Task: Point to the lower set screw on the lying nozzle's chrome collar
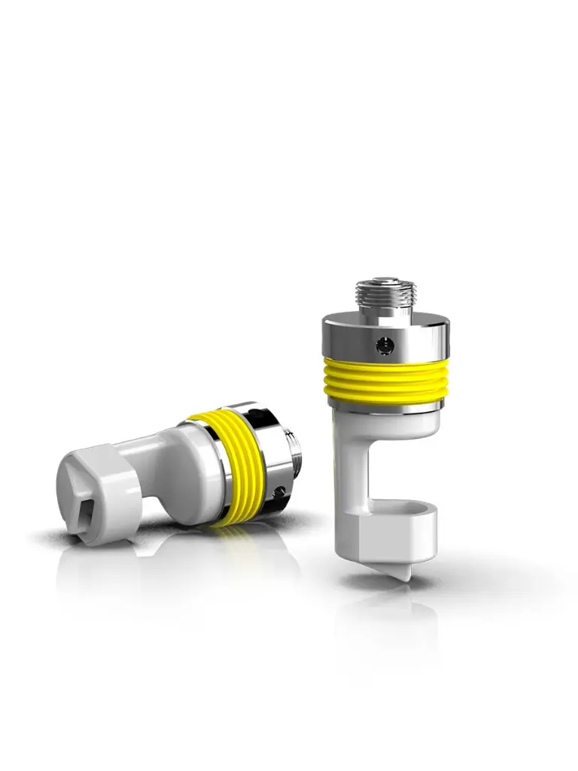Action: pos(280,492)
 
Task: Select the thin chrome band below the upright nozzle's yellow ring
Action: pos(386,407)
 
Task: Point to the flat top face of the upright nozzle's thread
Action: pos(386,280)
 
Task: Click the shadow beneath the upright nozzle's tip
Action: pos(391,584)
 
